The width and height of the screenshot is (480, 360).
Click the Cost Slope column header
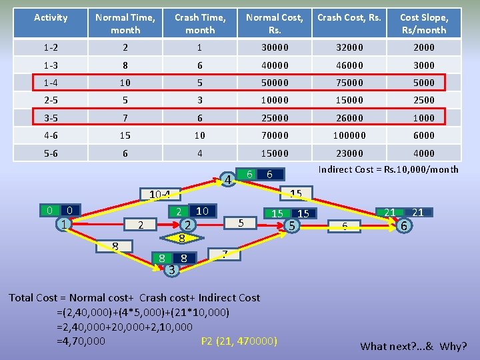pyautogui.click(x=424, y=23)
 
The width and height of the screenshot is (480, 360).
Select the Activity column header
pyautogui.click(x=51, y=17)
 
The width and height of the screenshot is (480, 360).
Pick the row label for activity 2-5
pyautogui.click(x=51, y=100)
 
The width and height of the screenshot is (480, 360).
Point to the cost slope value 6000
pyautogui.click(x=424, y=135)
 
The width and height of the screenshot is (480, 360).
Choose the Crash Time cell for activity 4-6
pyautogui.click(x=200, y=135)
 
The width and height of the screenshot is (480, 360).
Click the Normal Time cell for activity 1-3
pyautogui.click(x=125, y=65)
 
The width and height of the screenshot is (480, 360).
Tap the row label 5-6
pyautogui.click(x=51, y=153)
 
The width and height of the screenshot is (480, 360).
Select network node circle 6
pyautogui.click(x=403, y=226)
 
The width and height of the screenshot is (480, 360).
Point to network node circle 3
pyautogui.click(x=171, y=269)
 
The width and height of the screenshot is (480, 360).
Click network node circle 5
pyautogui.click(x=291, y=225)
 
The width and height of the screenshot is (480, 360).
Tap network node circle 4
pyautogui.click(x=227, y=181)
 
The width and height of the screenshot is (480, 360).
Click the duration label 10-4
pyautogui.click(x=160, y=195)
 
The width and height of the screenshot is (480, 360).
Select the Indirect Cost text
pyautogui.click(x=388, y=169)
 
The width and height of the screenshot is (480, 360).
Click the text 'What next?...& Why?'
pyautogui.click(x=413, y=346)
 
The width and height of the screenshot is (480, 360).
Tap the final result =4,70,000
pyautogui.click(x=81, y=341)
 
